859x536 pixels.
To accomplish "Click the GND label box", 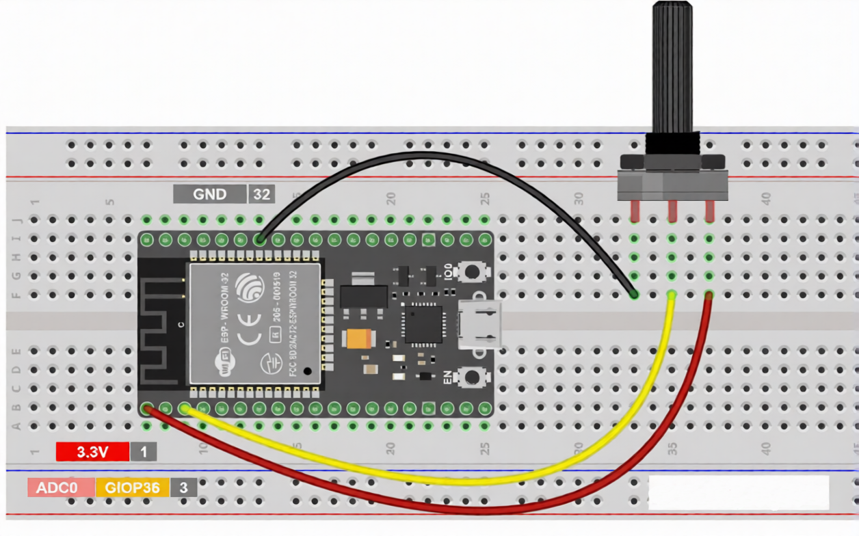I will (209, 194).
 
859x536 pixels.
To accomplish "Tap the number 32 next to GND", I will (261, 194).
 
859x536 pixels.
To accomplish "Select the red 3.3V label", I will (92, 452).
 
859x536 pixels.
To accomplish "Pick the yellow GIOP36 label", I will (132, 488).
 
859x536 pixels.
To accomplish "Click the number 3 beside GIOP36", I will (183, 488).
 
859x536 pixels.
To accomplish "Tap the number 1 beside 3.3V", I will (144, 452).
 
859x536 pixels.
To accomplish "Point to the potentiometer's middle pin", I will (672, 211).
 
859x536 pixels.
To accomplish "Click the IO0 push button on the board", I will (471, 271).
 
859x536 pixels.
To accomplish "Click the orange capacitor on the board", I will (359, 339).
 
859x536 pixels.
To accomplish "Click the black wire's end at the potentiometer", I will (634, 295).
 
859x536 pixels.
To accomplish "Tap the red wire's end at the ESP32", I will (147, 409).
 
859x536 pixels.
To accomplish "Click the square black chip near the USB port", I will (423, 323).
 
